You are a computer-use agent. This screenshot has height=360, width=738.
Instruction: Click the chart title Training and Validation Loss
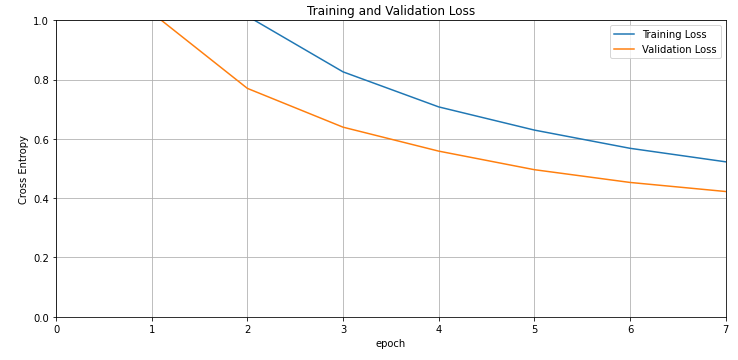[390, 11]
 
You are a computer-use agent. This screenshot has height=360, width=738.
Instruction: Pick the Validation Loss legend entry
[678, 49]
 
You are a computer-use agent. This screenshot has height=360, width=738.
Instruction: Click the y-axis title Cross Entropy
[23, 170]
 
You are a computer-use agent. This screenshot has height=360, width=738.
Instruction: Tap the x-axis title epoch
[390, 343]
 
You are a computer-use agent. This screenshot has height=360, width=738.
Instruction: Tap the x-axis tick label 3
[343, 328]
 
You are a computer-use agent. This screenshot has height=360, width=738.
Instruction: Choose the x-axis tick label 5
[534, 328]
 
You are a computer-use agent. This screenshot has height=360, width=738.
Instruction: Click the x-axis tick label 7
[725, 328]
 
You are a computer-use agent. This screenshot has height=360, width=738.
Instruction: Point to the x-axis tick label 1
[152, 328]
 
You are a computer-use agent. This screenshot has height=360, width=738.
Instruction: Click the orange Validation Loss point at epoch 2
[247, 88]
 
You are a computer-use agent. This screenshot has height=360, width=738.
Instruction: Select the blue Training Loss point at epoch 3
[343, 72]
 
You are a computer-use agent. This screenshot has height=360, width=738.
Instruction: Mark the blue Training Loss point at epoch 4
[439, 107]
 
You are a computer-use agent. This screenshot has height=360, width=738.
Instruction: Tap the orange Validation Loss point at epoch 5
[534, 170]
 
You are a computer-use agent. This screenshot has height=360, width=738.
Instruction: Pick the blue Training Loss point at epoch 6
[630, 148]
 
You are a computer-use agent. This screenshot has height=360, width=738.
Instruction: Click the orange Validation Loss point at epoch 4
[439, 151]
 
